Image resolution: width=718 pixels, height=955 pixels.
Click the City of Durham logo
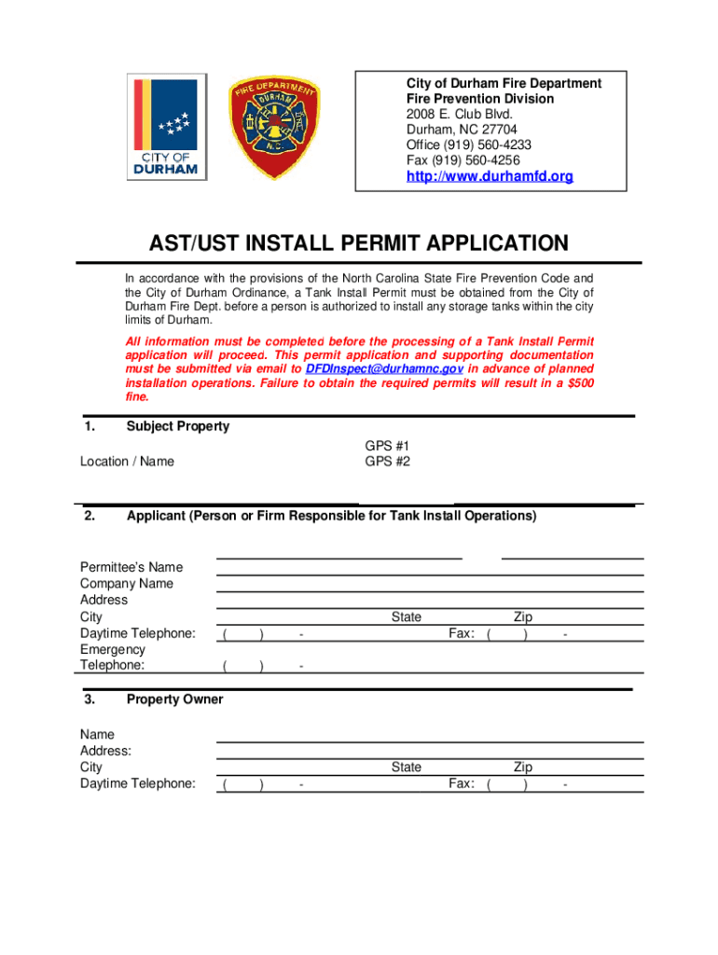coord(168,128)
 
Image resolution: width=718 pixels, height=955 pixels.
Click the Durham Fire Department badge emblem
coord(269,128)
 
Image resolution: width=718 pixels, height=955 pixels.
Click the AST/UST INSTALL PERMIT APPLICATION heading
coord(359,244)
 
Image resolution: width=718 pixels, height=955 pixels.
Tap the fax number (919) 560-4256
coord(476,159)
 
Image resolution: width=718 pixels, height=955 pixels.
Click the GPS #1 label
coord(387,446)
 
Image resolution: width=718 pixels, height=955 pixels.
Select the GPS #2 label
coord(387,462)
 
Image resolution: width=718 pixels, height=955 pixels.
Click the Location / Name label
coord(127,462)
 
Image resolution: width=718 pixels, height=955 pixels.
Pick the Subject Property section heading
coord(178,426)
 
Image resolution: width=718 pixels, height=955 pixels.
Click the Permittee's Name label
coord(131,567)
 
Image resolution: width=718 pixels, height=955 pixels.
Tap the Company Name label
coord(127,584)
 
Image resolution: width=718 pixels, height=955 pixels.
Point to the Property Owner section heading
coord(175,699)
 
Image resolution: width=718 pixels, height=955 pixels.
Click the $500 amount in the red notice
coord(576,383)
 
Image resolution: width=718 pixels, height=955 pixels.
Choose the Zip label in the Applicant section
coord(523,617)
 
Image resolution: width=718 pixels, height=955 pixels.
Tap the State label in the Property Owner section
coord(407,768)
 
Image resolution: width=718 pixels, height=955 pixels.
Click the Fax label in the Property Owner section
coord(462,784)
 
